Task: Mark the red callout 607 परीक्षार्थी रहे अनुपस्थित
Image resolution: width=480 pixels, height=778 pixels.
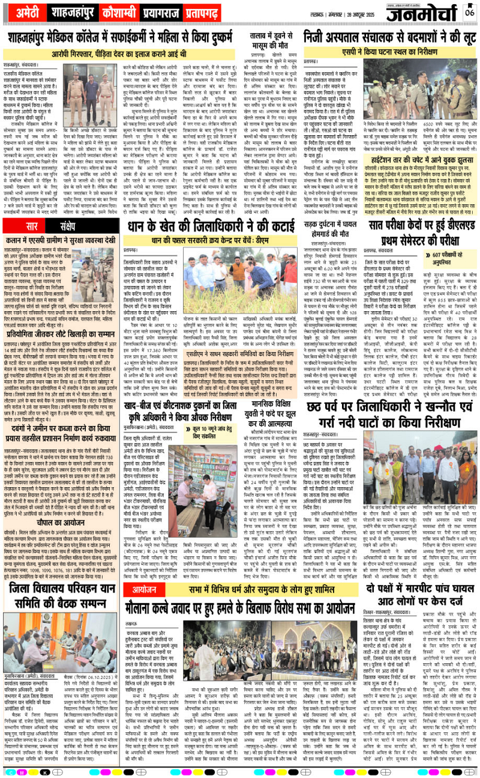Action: point(441,257)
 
